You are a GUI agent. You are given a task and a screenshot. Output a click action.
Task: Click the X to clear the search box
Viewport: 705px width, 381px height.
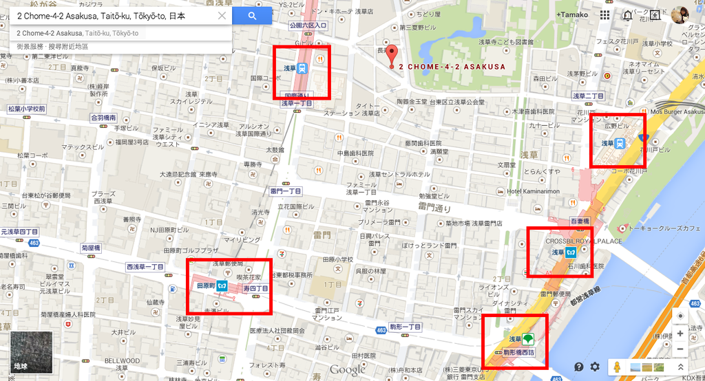(222, 16)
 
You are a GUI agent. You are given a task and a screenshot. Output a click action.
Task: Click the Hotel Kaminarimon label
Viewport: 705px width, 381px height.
(534, 190)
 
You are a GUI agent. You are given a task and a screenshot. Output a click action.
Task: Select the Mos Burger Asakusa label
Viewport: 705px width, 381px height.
(677, 111)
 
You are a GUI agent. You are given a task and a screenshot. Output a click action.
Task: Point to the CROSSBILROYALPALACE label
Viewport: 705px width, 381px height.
(584, 241)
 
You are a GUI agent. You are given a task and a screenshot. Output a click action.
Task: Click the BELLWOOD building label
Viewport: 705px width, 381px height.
(122, 360)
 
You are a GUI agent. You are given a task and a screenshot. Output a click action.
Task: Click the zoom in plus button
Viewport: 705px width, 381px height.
(680, 334)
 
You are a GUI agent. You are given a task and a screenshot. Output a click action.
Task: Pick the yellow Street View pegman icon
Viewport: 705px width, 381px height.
(617, 367)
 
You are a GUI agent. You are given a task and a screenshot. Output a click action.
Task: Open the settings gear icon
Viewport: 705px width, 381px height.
(595, 367)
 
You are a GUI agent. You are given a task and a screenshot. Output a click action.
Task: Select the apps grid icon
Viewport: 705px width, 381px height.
(604, 14)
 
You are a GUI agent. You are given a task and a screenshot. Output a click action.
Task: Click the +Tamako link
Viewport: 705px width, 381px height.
(573, 14)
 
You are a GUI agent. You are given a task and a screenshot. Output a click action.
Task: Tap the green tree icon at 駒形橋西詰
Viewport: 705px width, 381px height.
(528, 339)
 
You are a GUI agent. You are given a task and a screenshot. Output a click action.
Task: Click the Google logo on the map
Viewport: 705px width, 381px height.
(347, 370)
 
